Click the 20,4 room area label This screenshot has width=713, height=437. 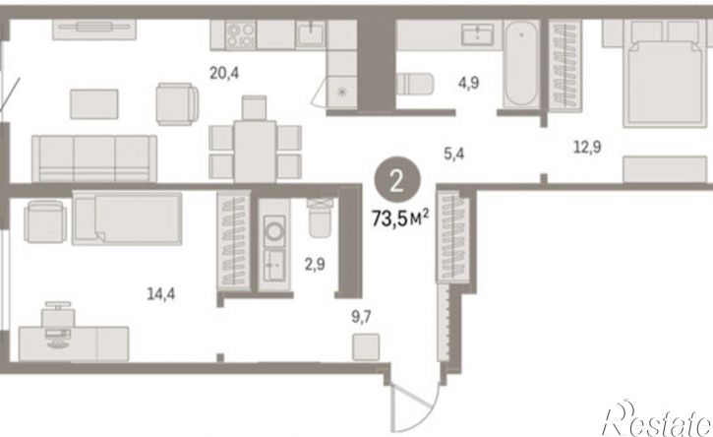(223, 73)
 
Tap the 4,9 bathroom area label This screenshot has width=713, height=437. (468, 84)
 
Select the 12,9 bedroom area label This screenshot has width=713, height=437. (587, 148)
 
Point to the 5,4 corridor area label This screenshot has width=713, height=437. (453, 155)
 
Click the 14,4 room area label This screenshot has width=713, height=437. (161, 294)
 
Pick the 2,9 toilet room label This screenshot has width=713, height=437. (315, 264)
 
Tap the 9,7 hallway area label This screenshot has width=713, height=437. (361, 317)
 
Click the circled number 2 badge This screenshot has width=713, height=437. (397, 182)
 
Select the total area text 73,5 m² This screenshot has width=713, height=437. (400, 218)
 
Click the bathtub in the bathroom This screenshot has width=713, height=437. (521, 63)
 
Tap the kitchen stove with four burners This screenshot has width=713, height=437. (241, 35)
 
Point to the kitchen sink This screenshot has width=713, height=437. (311, 34)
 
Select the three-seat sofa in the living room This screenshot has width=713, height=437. (94, 158)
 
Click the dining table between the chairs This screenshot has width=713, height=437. (255, 152)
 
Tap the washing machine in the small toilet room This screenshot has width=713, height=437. (274, 231)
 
